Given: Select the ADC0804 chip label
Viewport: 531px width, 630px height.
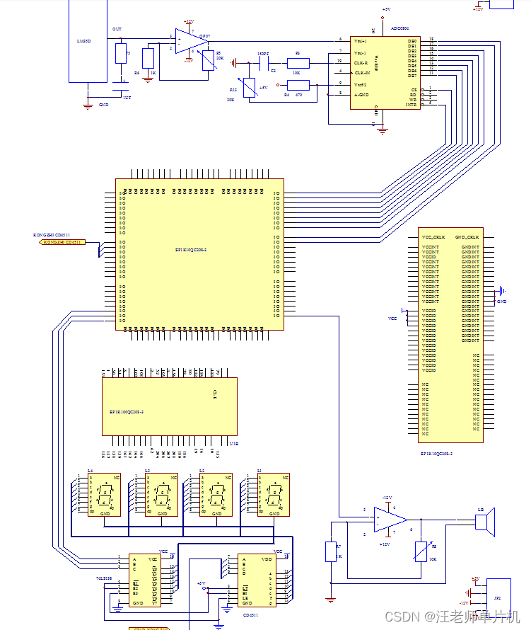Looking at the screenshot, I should coord(405,29).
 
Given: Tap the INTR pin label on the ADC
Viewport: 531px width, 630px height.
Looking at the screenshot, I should coord(411,105).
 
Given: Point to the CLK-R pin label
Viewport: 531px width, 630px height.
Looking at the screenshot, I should coord(361,62).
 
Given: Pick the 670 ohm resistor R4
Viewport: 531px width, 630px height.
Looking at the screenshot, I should coord(298,85).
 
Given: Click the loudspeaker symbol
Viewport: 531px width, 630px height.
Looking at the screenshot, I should coord(484,522).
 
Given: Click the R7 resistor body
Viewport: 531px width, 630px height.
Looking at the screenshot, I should coord(330,551).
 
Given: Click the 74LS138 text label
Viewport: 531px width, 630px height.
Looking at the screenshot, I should coord(103,578).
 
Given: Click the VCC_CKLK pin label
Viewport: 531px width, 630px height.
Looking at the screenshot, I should coord(433,237).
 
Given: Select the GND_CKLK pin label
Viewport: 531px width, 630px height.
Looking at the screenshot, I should coord(467,237).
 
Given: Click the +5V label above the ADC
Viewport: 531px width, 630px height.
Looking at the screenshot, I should coord(386,9).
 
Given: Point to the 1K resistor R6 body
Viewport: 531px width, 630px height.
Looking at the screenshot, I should coord(148,58).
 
